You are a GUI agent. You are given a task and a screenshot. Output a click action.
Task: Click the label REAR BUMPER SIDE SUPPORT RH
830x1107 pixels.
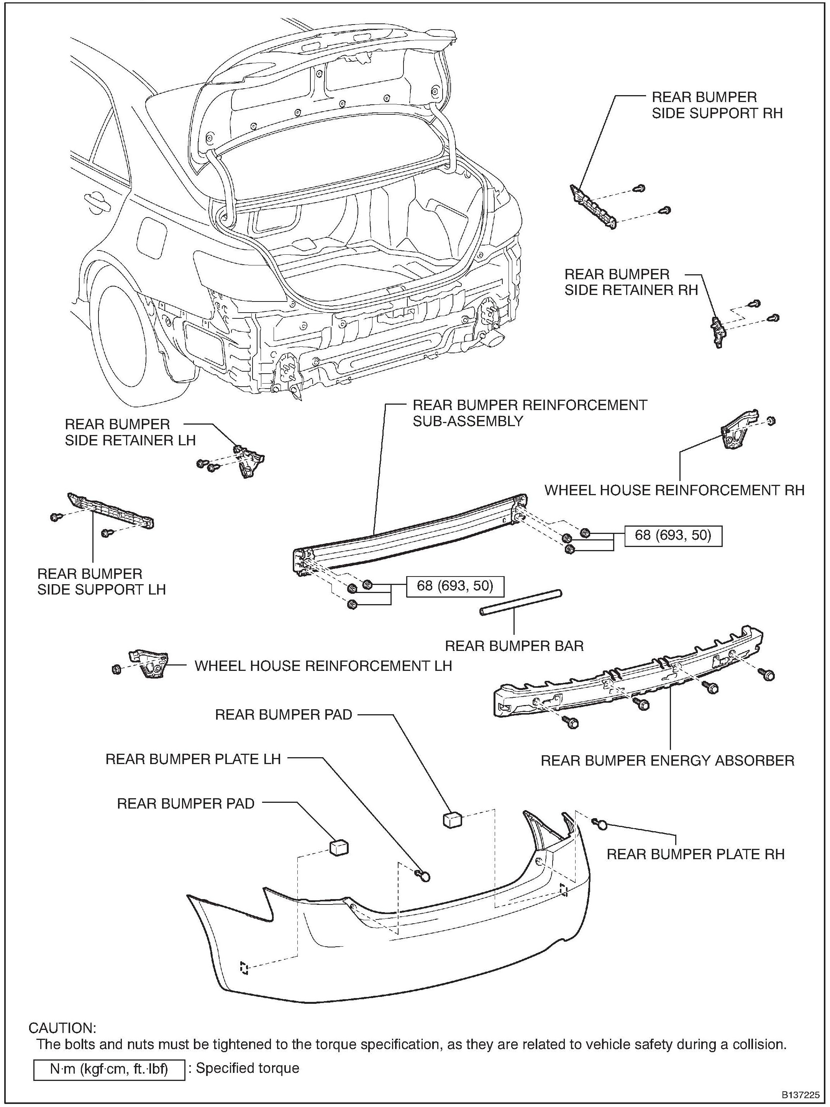717,105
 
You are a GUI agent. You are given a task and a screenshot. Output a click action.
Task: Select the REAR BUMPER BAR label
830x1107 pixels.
514,646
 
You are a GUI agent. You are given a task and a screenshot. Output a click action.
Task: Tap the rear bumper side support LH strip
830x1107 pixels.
111,510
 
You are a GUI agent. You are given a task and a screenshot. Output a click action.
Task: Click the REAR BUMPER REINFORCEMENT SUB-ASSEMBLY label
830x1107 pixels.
529,413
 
